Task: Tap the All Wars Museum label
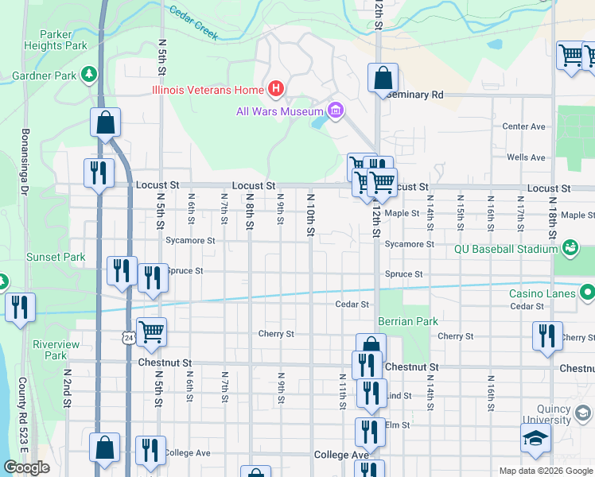[278, 111]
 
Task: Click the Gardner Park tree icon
[90, 75]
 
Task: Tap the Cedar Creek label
[194, 22]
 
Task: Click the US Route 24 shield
[128, 338]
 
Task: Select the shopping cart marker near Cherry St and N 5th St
[151, 332]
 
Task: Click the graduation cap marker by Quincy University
[535, 438]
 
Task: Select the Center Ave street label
[523, 126]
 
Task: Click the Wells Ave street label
[526, 158]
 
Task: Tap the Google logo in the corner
[26, 467]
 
